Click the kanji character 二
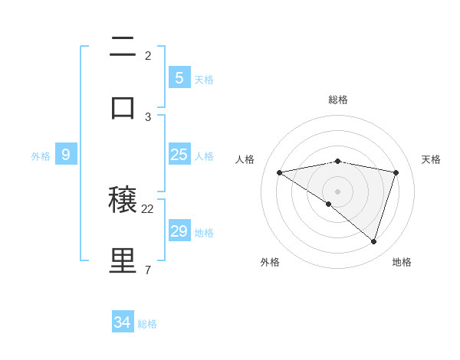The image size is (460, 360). coord(123,49)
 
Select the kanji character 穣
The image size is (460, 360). coord(123,202)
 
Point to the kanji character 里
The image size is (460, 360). coord(123,260)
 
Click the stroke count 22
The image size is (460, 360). coord(148,209)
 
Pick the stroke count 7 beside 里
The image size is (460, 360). coord(148,270)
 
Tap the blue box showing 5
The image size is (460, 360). coord(179,78)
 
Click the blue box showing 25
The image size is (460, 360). coord(179,155)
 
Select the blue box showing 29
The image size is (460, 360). coord(179,231)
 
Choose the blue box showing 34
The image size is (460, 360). coord(123,322)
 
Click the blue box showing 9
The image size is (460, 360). coord(66,155)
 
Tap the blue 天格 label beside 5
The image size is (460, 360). coord(204,79)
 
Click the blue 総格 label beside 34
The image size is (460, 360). coord(147,324)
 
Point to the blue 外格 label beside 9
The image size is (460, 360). coord(41,155)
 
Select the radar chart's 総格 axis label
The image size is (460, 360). coord(338,100)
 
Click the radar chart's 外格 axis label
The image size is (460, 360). coord(270,262)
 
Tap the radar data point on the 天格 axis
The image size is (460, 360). coord(396,172)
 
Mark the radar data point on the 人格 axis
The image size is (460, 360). coord(280,172)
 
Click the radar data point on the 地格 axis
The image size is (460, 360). coord(373,241)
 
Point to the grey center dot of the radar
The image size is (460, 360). coord(338,191)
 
